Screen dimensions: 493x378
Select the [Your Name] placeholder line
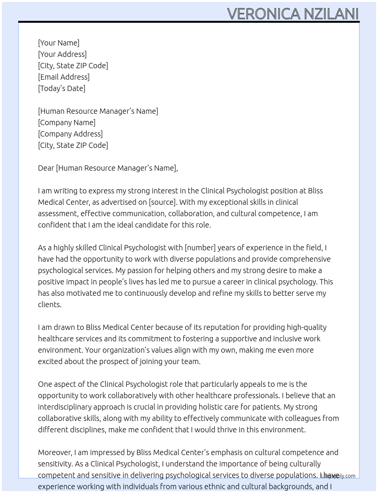tap(58, 43)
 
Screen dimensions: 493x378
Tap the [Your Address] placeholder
tap(62, 54)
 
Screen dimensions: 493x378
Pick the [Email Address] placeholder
tap(64, 77)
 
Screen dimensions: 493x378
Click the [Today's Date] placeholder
tap(61, 88)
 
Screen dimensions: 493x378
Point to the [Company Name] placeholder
tap(67, 122)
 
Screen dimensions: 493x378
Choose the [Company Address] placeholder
tap(70, 134)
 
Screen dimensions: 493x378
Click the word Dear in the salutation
tap(46, 168)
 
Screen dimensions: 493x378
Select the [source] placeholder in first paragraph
tap(162, 202)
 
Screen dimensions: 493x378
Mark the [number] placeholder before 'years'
tap(200, 248)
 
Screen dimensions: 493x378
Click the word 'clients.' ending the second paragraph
tap(50, 305)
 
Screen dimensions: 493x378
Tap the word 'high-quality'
tap(307, 327)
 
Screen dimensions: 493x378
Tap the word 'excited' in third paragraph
tap(50, 361)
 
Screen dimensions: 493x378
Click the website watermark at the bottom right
tap(338, 476)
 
